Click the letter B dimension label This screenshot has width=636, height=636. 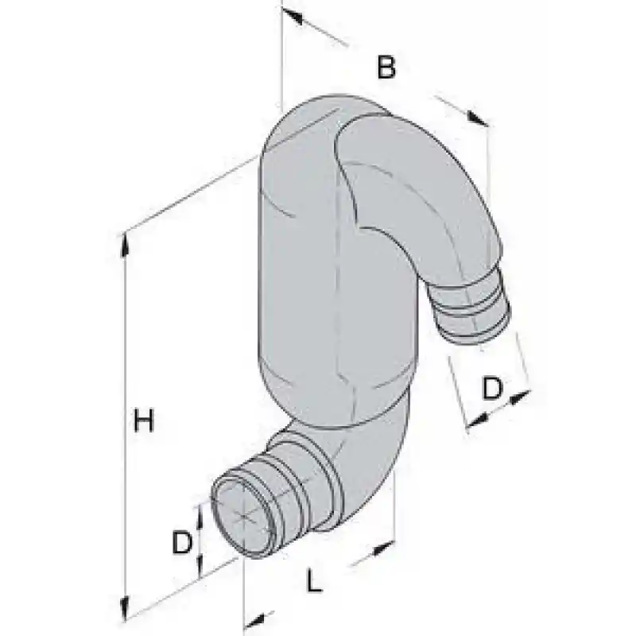click(386, 68)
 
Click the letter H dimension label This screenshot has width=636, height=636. click(144, 421)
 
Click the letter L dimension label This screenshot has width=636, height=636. click(313, 580)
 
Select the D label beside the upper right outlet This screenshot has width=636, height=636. click(492, 388)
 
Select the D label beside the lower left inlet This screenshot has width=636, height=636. click(181, 542)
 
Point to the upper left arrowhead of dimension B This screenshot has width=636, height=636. click(292, 16)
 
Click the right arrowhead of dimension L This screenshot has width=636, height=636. click(382, 548)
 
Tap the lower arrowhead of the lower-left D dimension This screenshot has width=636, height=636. click(200, 565)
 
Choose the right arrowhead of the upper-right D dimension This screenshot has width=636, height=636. click(520, 396)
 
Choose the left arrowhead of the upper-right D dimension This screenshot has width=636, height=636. click(478, 420)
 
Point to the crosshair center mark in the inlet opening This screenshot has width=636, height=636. click(242, 516)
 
